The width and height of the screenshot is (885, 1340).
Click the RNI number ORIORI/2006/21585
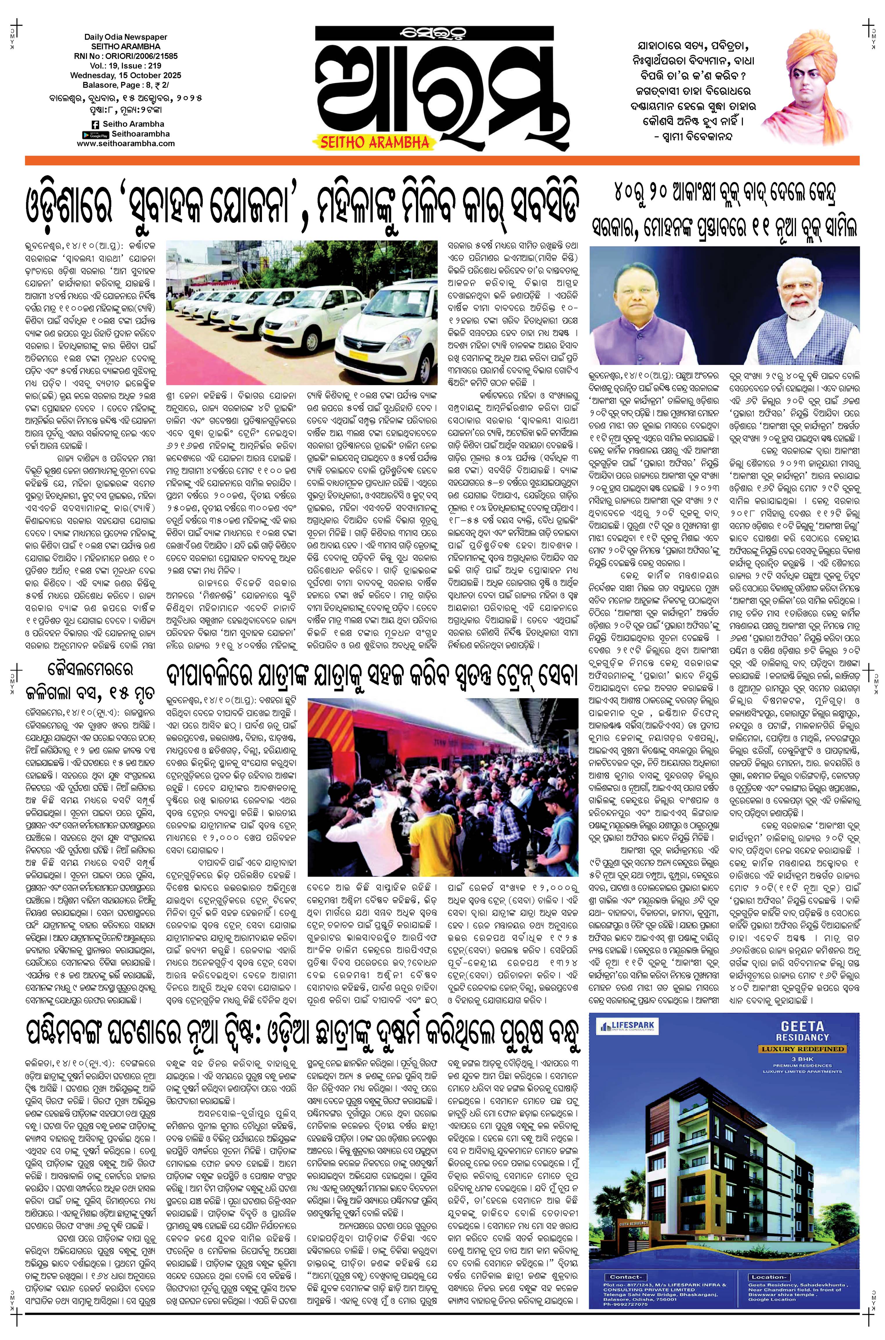click(126, 57)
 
